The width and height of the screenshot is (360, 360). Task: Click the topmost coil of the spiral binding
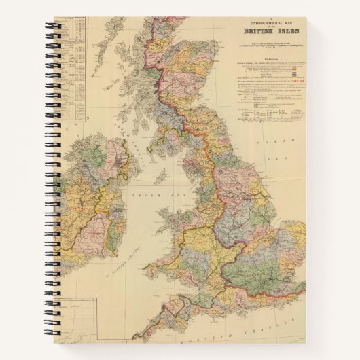click(52, 27)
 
